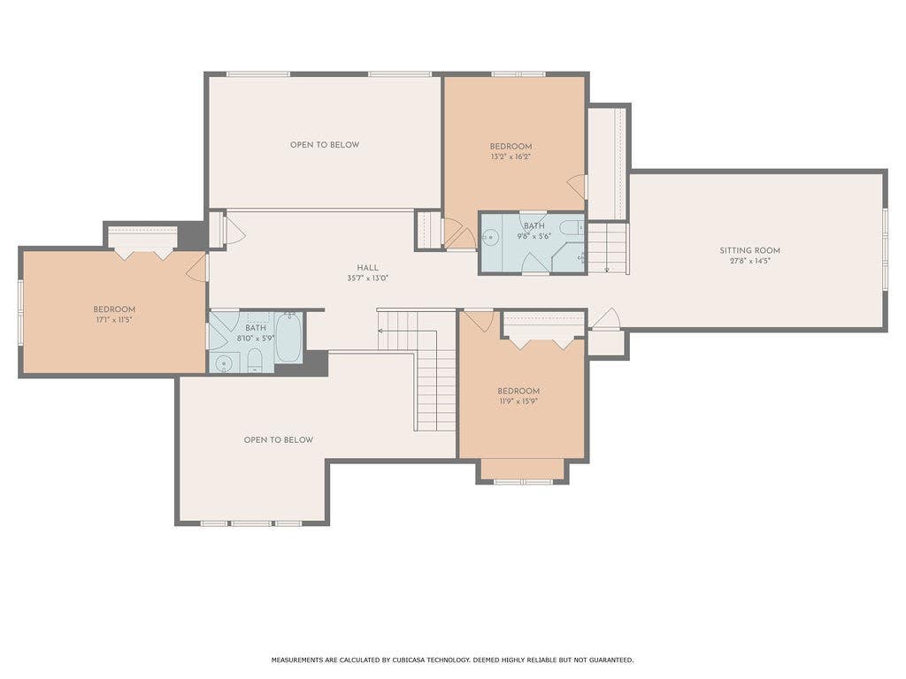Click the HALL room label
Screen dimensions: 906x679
(367, 267)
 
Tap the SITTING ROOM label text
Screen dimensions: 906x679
(749, 250)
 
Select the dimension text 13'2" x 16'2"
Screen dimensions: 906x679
(511, 156)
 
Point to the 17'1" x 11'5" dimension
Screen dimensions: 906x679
(114, 319)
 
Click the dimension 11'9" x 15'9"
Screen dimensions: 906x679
(518, 401)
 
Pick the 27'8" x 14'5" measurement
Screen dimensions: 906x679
(749, 261)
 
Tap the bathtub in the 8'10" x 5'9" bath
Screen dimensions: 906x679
(288, 338)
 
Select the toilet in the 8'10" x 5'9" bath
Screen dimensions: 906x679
(255, 361)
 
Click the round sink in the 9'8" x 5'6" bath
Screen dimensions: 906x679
(491, 237)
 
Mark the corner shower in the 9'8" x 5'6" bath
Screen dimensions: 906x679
(568, 257)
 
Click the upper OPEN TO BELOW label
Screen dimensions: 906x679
(325, 145)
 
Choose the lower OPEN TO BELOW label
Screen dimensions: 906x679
(279, 440)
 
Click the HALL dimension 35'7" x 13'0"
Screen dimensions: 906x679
(367, 278)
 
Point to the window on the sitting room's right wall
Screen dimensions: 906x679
(885, 249)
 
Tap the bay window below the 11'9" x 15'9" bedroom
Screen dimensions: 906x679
(523, 481)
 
